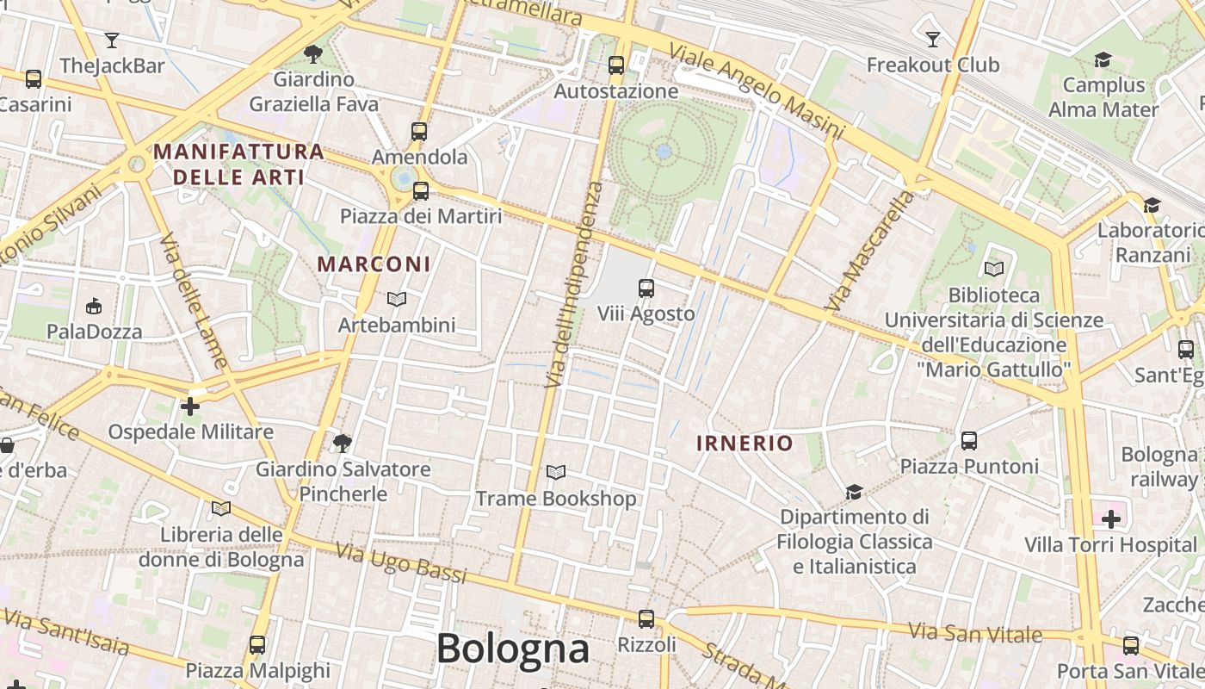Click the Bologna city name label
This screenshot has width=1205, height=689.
[513, 649]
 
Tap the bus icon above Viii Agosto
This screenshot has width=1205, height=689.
[646, 289]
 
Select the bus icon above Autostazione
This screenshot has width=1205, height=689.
[615, 65]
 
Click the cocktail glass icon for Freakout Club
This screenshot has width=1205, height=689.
[932, 39]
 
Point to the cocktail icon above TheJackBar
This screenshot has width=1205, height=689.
[112, 40]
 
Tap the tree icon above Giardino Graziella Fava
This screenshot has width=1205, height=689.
[313, 54]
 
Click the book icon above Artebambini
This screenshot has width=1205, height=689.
[396, 299]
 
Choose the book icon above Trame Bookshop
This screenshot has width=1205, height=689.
[556, 472]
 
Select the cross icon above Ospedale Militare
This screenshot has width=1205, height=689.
[190, 406]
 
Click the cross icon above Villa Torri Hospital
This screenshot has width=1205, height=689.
[1110, 518]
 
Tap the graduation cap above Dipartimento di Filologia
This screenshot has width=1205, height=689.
[854, 492]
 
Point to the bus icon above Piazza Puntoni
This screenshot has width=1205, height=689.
[969, 441]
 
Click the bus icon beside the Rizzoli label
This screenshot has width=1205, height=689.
[646, 618]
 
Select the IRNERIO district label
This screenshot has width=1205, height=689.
[745, 444]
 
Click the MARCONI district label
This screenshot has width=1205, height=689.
[374, 264]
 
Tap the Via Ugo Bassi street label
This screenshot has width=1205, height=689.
[400, 562]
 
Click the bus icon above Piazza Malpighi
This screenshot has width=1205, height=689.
[257, 644]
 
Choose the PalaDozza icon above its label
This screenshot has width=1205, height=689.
[94, 306]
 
